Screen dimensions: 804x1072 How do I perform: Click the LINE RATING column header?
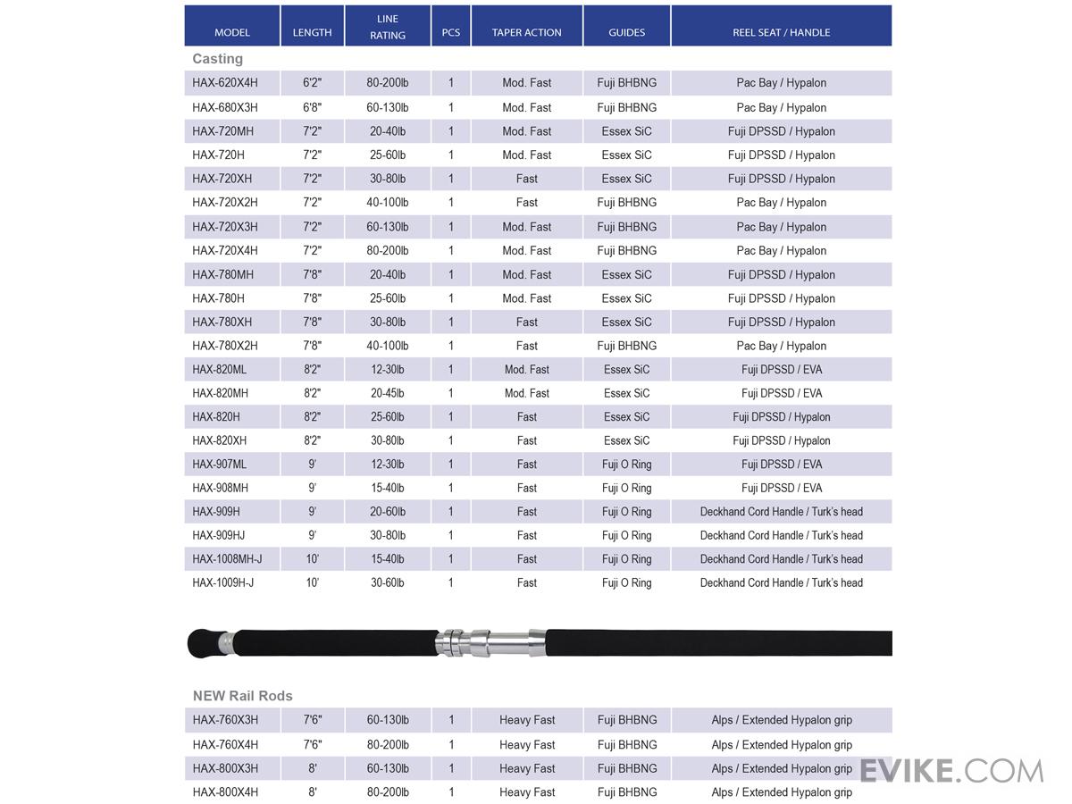pyautogui.click(x=387, y=26)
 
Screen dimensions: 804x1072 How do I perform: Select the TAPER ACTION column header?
pyautogui.click(x=526, y=32)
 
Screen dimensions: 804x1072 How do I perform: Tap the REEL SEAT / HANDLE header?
pyautogui.click(x=781, y=32)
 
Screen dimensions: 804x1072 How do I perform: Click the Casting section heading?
pyautogui.click(x=217, y=59)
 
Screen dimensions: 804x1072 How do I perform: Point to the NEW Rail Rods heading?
pyautogui.click(x=242, y=696)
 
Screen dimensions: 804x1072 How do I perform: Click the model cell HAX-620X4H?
pyautogui.click(x=224, y=83)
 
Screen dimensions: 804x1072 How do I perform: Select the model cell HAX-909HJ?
pyautogui.click(x=218, y=535)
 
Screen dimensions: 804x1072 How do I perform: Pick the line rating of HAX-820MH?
pyautogui.click(x=387, y=393)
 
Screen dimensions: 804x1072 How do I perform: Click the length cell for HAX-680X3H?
pyautogui.click(x=312, y=107)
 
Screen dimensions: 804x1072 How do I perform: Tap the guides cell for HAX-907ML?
pyautogui.click(x=626, y=465)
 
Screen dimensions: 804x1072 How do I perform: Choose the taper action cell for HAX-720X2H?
pyautogui.click(x=526, y=203)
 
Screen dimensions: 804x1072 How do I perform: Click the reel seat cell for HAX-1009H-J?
pyautogui.click(x=781, y=583)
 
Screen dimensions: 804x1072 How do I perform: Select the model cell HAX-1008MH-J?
pyautogui.click(x=227, y=559)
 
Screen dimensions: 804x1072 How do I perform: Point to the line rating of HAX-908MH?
pyautogui.click(x=387, y=488)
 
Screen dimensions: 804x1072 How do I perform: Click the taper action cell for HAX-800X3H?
pyautogui.click(x=526, y=768)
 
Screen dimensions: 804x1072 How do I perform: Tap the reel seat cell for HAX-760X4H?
pyautogui.click(x=781, y=744)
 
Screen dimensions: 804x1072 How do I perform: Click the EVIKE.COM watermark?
pyautogui.click(x=951, y=770)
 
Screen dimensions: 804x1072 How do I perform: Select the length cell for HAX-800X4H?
pyautogui.click(x=312, y=792)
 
